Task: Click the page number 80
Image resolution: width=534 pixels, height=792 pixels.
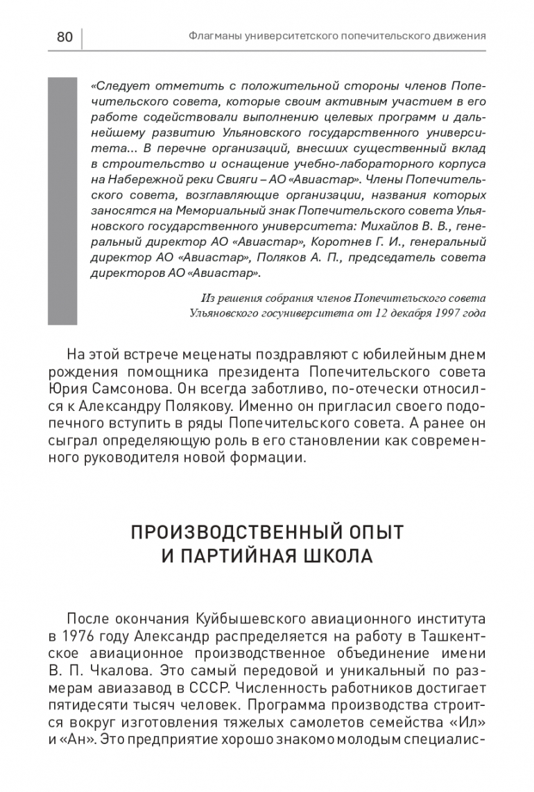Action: point(64,37)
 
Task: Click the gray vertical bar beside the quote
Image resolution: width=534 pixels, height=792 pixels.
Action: point(62,201)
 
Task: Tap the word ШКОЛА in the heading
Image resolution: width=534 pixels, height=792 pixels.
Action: point(338,557)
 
